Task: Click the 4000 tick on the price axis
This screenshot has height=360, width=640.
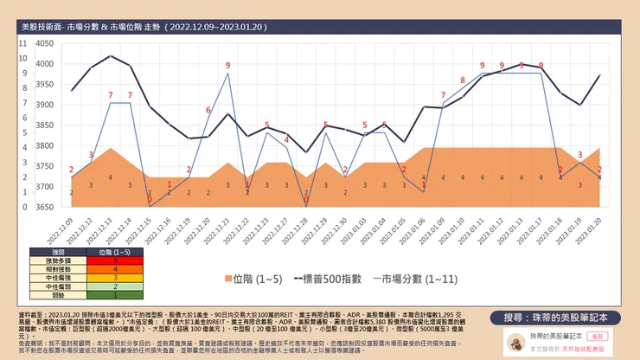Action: (x=42, y=63)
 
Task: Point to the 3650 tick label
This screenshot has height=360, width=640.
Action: (x=42, y=207)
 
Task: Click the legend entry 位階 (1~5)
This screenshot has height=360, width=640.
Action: (x=252, y=279)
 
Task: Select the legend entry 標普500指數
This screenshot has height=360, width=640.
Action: (x=326, y=279)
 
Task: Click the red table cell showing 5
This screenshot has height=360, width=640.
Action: (x=116, y=259)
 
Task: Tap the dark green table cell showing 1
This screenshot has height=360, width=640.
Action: (x=116, y=294)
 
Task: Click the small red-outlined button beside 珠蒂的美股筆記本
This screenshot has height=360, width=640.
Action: (x=596, y=334)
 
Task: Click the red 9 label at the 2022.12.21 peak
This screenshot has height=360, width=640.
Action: (x=227, y=66)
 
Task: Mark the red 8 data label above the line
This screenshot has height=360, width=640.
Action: (x=463, y=80)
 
